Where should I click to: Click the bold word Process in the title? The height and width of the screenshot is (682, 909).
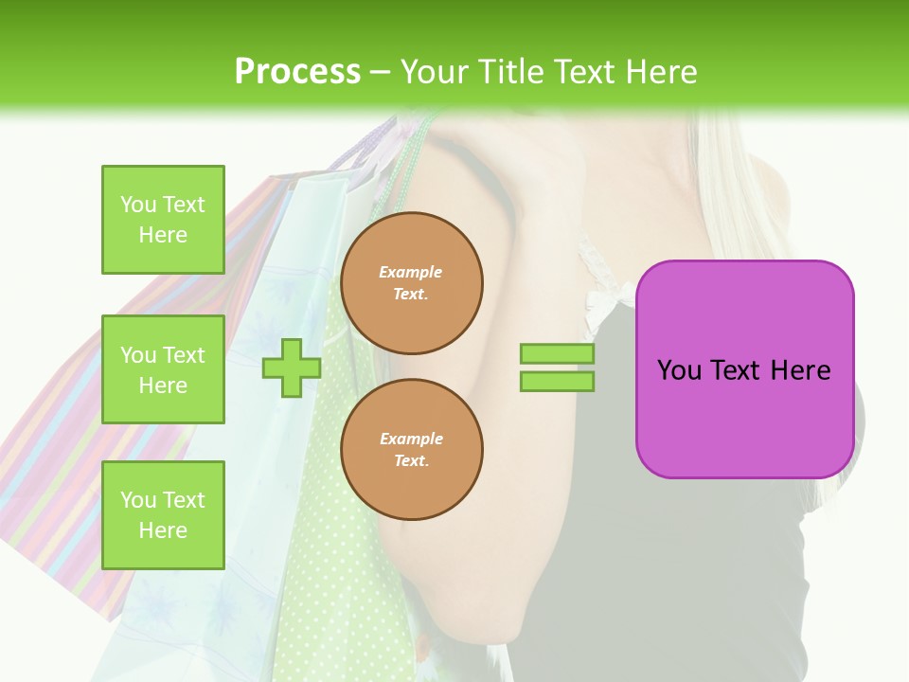(x=297, y=72)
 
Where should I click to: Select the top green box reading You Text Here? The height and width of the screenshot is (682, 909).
(x=163, y=220)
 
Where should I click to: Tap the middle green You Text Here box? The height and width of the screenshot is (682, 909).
(x=163, y=369)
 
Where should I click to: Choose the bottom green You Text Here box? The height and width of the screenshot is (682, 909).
(x=163, y=515)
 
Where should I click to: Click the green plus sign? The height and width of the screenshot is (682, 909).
(x=291, y=368)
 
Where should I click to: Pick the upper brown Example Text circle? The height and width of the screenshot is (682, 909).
(x=411, y=283)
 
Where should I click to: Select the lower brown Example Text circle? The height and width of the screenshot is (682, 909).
(x=411, y=450)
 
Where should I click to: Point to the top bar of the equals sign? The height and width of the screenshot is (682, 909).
(x=557, y=354)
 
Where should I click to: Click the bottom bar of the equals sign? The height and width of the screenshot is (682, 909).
(x=557, y=381)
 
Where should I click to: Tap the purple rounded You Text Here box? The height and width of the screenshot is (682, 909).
(x=744, y=369)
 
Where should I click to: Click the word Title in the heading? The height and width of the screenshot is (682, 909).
(x=511, y=72)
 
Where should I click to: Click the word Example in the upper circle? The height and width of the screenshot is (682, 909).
(x=411, y=272)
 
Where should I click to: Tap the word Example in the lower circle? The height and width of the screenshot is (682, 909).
(x=411, y=439)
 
